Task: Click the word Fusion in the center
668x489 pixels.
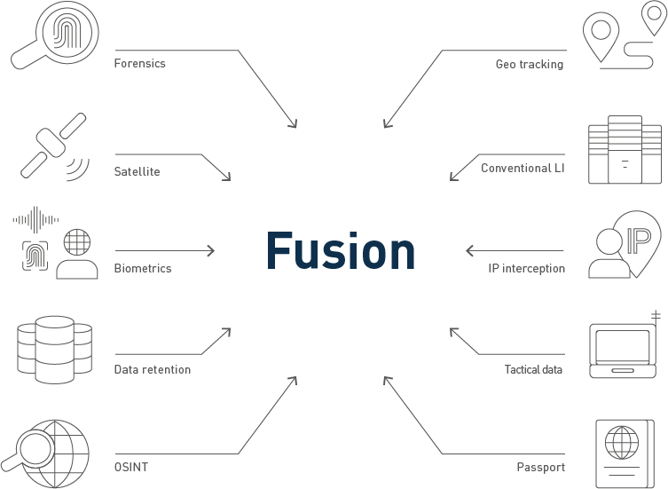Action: (x=341, y=251)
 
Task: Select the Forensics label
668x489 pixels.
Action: (x=139, y=64)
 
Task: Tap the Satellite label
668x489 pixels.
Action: (x=137, y=171)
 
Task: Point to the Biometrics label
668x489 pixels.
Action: (x=142, y=268)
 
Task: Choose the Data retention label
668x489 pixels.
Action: (x=152, y=369)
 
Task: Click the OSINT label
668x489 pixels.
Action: (x=130, y=467)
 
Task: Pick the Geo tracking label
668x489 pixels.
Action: (x=529, y=64)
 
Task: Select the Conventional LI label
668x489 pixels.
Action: (x=523, y=168)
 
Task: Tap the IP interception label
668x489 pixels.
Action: (x=526, y=268)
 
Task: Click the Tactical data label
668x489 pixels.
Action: (x=533, y=369)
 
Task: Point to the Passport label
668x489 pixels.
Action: (x=540, y=467)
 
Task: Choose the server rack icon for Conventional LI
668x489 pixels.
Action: (x=625, y=149)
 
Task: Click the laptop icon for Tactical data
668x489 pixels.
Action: (x=625, y=348)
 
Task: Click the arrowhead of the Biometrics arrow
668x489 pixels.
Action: (x=211, y=251)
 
